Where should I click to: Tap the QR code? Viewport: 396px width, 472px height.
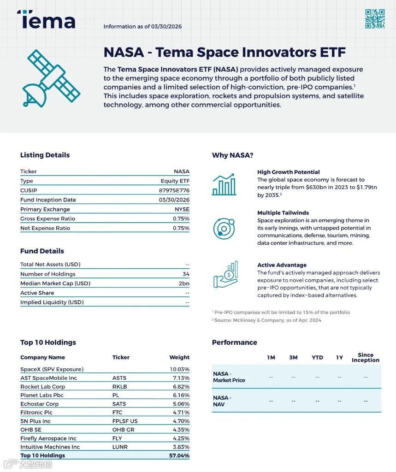(x=375, y=19)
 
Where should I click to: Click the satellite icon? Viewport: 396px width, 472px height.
(x=50, y=78)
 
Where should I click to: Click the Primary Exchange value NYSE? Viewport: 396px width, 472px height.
(x=182, y=209)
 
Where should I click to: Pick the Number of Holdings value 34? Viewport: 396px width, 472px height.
(x=186, y=274)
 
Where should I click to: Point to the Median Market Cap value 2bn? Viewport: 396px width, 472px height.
(x=184, y=283)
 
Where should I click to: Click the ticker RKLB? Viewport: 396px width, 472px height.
(x=119, y=387)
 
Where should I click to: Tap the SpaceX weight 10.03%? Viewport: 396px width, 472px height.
(x=179, y=369)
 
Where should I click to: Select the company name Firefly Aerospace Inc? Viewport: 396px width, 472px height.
(x=48, y=438)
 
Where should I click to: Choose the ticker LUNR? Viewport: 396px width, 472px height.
(x=120, y=447)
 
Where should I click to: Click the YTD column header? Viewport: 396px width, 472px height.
(x=317, y=358)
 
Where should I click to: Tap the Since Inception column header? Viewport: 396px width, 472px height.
(x=365, y=358)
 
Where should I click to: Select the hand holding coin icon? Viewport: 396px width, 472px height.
(x=225, y=275)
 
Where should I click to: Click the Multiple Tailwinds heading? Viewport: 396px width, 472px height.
(x=283, y=213)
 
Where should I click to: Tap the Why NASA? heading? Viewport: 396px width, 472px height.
(x=232, y=155)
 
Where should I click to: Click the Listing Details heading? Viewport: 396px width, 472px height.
(x=45, y=155)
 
